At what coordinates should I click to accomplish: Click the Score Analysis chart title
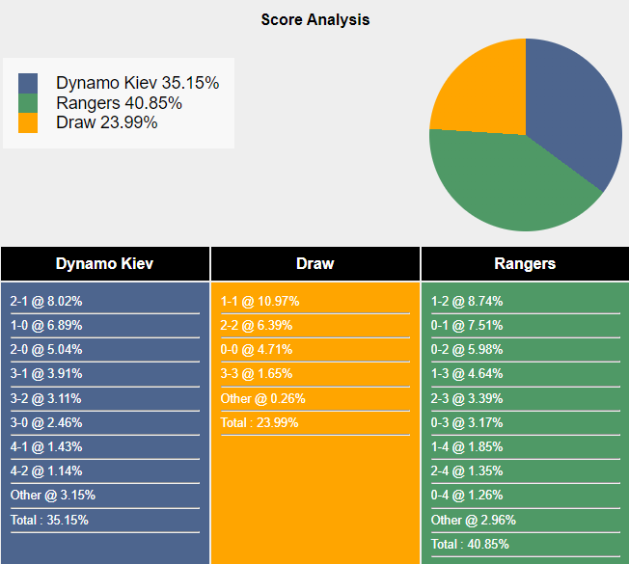pos(314,19)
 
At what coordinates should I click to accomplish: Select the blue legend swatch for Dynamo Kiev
pos(28,84)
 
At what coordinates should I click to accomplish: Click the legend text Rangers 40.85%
pos(119,103)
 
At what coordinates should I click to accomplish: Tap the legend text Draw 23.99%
pos(106,122)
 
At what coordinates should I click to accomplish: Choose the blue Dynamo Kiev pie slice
pos(574,106)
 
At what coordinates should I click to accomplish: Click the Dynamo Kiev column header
pos(104,263)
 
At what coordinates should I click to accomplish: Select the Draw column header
pos(314,263)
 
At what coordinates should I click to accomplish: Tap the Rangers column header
pos(525,263)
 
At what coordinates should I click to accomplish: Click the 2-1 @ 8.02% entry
pos(46,301)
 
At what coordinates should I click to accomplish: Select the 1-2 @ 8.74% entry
pos(467,301)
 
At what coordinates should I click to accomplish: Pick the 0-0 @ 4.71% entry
pos(257,349)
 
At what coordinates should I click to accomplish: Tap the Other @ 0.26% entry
pos(263,398)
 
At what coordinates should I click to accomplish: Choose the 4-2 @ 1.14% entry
pos(46,470)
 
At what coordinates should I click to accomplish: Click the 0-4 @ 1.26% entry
pos(467,496)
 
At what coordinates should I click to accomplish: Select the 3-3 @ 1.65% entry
pos(257,373)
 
